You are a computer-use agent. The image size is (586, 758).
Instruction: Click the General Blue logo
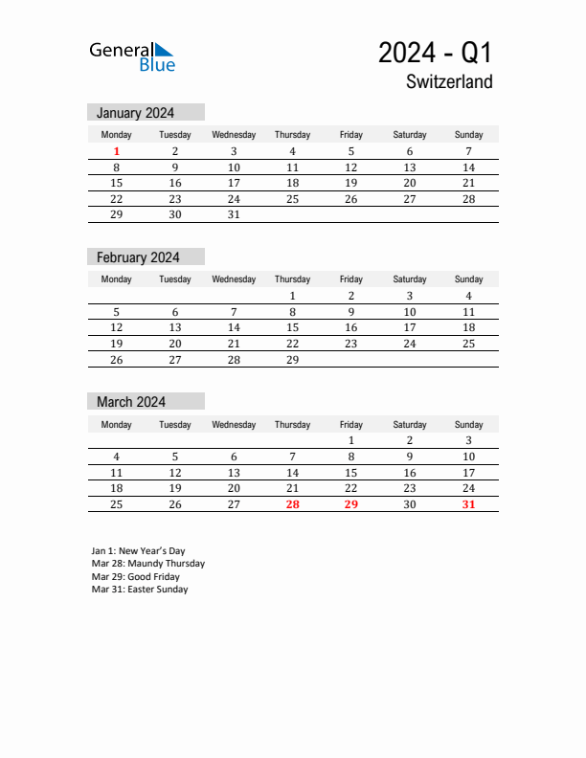pos(132,56)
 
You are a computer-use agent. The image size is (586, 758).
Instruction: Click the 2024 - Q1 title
pos(435,53)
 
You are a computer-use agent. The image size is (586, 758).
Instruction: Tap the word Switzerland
pos(449,82)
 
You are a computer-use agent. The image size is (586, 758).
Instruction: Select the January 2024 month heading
pos(135,113)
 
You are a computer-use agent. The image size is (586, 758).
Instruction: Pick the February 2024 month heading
pos(138,257)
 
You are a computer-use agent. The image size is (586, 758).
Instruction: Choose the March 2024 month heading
pos(131,402)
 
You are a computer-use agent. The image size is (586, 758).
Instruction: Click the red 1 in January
pos(117,151)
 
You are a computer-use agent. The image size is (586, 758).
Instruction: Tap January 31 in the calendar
pos(234,214)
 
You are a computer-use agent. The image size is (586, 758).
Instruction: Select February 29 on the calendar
pos(292,360)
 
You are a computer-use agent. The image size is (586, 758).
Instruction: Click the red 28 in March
pos(292,504)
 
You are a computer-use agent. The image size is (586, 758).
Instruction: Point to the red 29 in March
pos(350,504)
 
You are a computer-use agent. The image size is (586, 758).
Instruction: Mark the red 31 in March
pos(468,504)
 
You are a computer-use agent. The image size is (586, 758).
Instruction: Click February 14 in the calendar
pos(234,327)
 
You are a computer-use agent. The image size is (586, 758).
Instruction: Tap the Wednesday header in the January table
pos(234,135)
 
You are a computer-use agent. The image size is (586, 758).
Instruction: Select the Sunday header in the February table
pos(468,279)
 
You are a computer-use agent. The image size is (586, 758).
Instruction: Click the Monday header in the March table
pos(117,425)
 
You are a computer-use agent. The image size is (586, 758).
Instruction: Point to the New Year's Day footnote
pos(139,551)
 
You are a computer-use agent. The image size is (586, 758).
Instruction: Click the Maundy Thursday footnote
pos(148,564)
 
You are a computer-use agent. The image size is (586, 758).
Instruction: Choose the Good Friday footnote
pos(135,577)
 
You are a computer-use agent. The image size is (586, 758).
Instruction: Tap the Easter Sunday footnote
pos(140,590)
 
